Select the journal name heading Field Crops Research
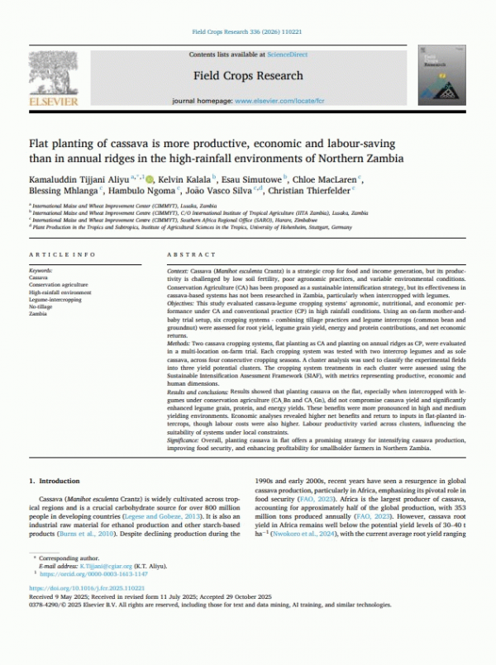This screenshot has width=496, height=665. [248, 75]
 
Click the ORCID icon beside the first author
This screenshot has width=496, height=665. [148, 178]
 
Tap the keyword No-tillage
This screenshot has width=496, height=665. [41, 306]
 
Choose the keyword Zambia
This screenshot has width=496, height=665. [38, 314]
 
